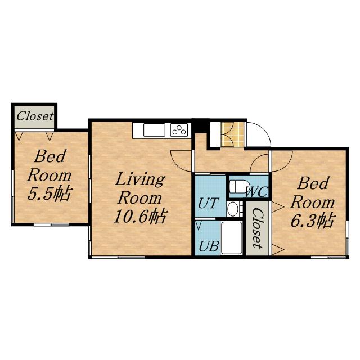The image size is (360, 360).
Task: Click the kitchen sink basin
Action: coord(154,130)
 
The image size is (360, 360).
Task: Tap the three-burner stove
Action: coord(179,130)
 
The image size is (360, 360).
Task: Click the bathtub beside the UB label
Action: coord(232,237)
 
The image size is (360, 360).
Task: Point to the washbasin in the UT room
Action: coord(232,209)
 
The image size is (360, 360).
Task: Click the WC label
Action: coord(256,192)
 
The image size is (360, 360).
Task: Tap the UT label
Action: coord(208,203)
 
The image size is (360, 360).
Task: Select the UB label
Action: coord(209,246)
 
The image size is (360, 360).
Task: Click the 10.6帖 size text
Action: coord(139,216)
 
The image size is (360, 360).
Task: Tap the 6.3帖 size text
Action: coord(313,220)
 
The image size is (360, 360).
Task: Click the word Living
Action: coord(140,179)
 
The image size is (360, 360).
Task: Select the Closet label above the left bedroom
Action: coord(35,116)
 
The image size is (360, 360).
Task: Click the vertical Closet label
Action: coord(258,228)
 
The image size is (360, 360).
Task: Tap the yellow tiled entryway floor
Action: coord(232,134)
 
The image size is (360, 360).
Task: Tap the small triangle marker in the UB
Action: coord(199,225)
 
